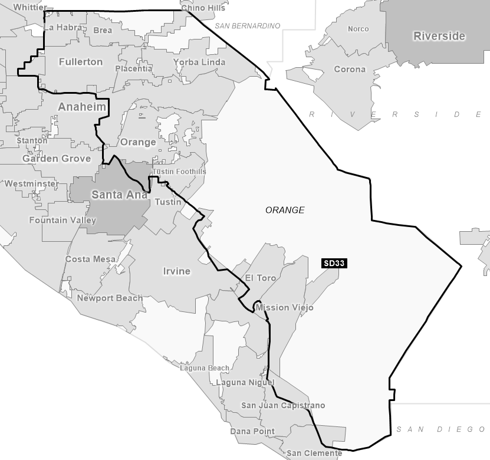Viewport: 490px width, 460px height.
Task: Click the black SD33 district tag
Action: pos(334,264)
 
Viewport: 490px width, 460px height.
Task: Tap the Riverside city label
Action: pos(439,36)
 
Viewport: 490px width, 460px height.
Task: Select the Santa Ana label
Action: pos(119,195)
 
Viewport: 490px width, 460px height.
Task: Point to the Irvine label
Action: pos(176,271)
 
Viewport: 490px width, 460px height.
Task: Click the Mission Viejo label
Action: pos(284,307)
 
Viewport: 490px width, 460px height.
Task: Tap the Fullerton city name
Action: pos(81,62)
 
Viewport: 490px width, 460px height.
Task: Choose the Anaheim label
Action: pos(82,107)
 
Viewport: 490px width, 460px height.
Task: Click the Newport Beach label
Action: pos(110,298)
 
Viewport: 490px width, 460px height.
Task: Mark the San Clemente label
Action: pos(314,454)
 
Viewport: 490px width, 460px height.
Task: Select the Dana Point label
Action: pos(252,431)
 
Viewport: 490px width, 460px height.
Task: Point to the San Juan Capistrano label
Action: pos(283,406)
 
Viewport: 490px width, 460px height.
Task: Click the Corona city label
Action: pos(350,69)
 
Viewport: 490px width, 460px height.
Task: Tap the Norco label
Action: pos(358,29)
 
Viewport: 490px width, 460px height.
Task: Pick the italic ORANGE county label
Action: pos(285,210)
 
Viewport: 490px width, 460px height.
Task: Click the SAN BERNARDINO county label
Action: pos(247,26)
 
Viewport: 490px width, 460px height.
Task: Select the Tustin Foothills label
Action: pos(180,172)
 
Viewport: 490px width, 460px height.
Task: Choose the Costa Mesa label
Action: pos(90,259)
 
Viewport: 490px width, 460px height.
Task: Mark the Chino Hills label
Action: pos(203,8)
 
